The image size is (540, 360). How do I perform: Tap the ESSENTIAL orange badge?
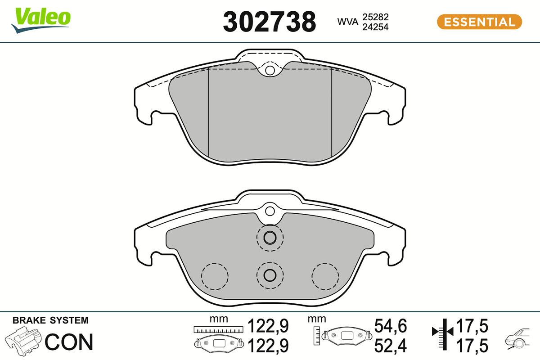[479, 22]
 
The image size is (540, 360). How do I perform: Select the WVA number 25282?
[376, 17]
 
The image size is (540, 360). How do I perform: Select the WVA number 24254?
[376, 27]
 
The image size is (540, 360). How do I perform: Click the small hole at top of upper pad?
[270, 71]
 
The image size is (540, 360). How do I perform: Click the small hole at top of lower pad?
[270, 211]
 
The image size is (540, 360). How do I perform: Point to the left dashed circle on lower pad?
[215, 276]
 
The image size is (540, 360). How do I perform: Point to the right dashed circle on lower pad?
[325, 276]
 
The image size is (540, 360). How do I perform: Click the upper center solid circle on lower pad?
[270, 237]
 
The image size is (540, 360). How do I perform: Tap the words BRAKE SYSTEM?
[50, 321]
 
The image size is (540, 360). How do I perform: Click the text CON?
[69, 342]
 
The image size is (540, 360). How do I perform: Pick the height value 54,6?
[391, 326]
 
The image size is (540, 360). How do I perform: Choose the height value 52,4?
[391, 346]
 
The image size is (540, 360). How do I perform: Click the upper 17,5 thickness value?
[472, 326]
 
